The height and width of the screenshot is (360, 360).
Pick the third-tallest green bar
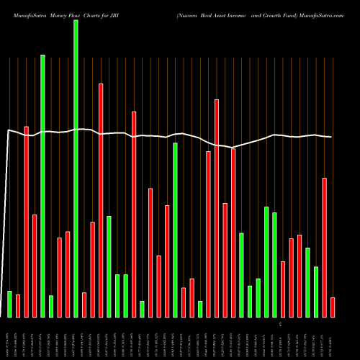click(176, 230)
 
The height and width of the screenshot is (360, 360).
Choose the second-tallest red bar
click(217, 208)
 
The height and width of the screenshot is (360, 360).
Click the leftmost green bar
click(9, 304)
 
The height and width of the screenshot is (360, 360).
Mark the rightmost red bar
click(333, 307)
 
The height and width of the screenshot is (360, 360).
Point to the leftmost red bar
click(18, 306)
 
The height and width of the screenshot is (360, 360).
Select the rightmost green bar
click(316, 292)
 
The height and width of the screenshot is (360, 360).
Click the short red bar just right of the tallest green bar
click(84, 305)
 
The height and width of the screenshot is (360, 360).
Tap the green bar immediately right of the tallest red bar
click(109, 266)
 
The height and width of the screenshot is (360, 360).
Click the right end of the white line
click(331, 137)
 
